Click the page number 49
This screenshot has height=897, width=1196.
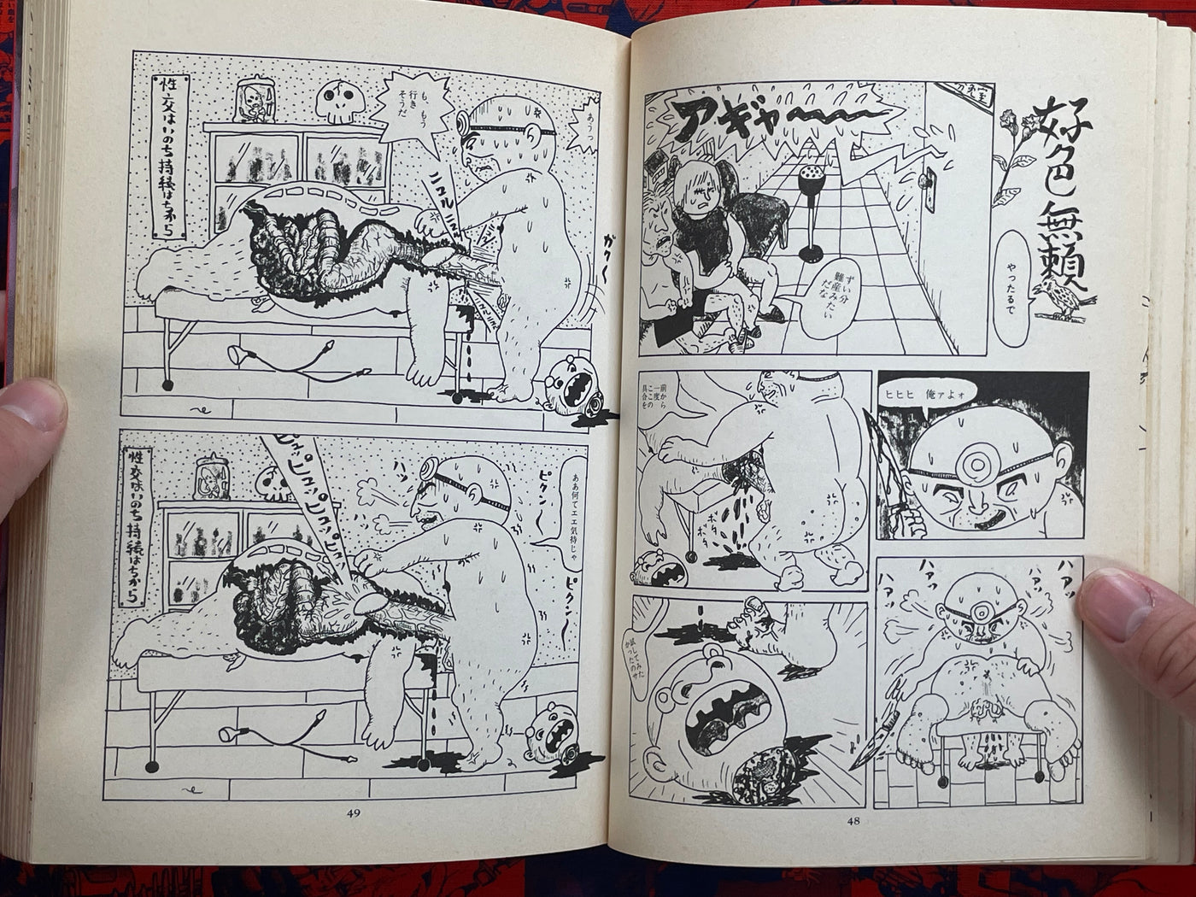point(354,813)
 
